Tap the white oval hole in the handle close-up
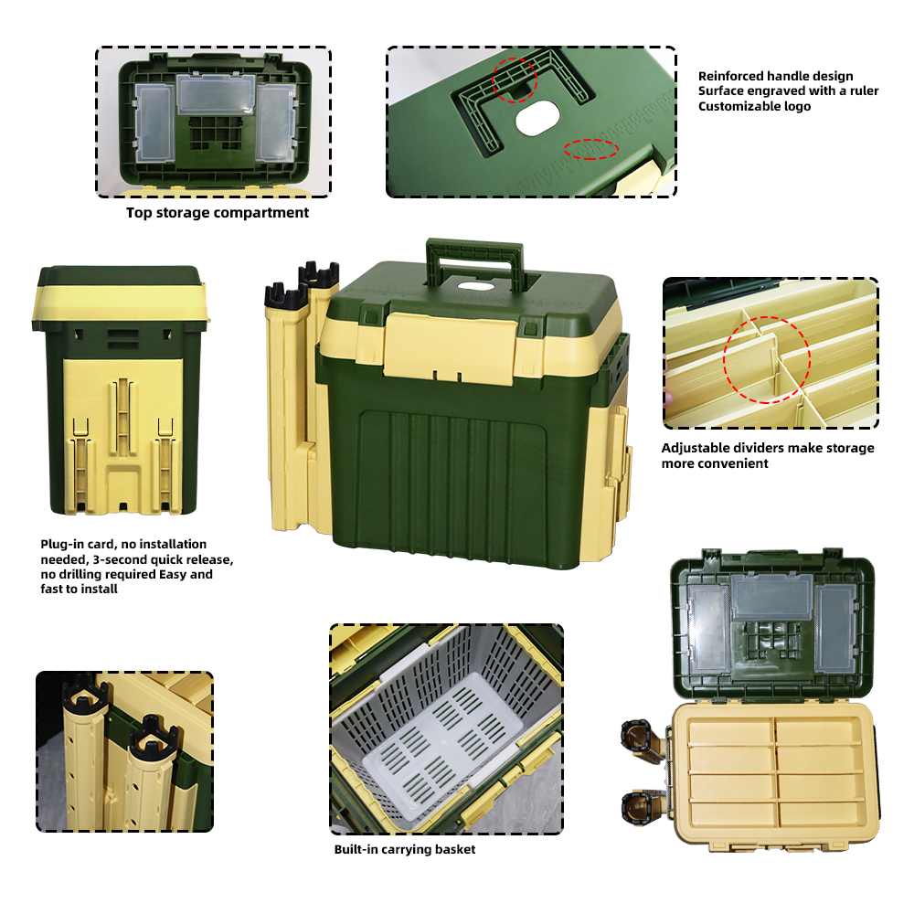[537, 118]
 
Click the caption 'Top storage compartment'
[218, 213]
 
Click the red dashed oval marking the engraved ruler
[590, 149]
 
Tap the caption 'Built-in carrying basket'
[405, 849]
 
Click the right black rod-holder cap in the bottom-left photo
[154, 735]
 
